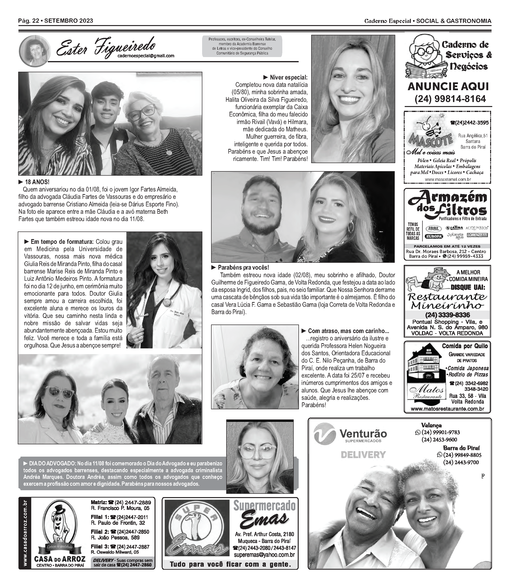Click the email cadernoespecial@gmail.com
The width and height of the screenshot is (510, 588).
point(146,56)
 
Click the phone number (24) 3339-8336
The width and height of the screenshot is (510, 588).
point(447,315)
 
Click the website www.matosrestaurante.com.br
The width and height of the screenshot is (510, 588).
point(447,409)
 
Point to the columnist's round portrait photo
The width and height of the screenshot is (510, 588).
point(35,51)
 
